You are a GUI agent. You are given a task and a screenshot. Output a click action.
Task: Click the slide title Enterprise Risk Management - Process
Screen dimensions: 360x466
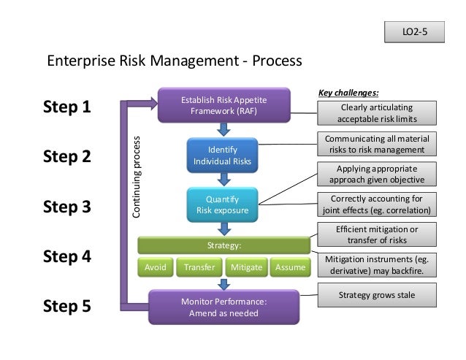pos(174,59)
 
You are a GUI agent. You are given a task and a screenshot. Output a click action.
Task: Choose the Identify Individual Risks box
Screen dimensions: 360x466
pos(221,155)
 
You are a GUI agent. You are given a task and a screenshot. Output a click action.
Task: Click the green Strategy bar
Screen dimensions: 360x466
pos(224,245)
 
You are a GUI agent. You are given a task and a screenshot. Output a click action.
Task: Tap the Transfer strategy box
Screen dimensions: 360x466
pos(199,267)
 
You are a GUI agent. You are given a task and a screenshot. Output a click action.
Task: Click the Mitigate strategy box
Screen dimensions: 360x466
pos(245,267)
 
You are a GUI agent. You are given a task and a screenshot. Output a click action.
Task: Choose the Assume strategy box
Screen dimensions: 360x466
pos(290,267)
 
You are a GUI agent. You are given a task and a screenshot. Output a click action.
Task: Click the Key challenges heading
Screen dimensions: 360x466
pos(349,93)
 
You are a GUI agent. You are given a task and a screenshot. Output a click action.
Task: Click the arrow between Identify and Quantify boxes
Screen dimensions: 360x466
pos(222,179)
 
